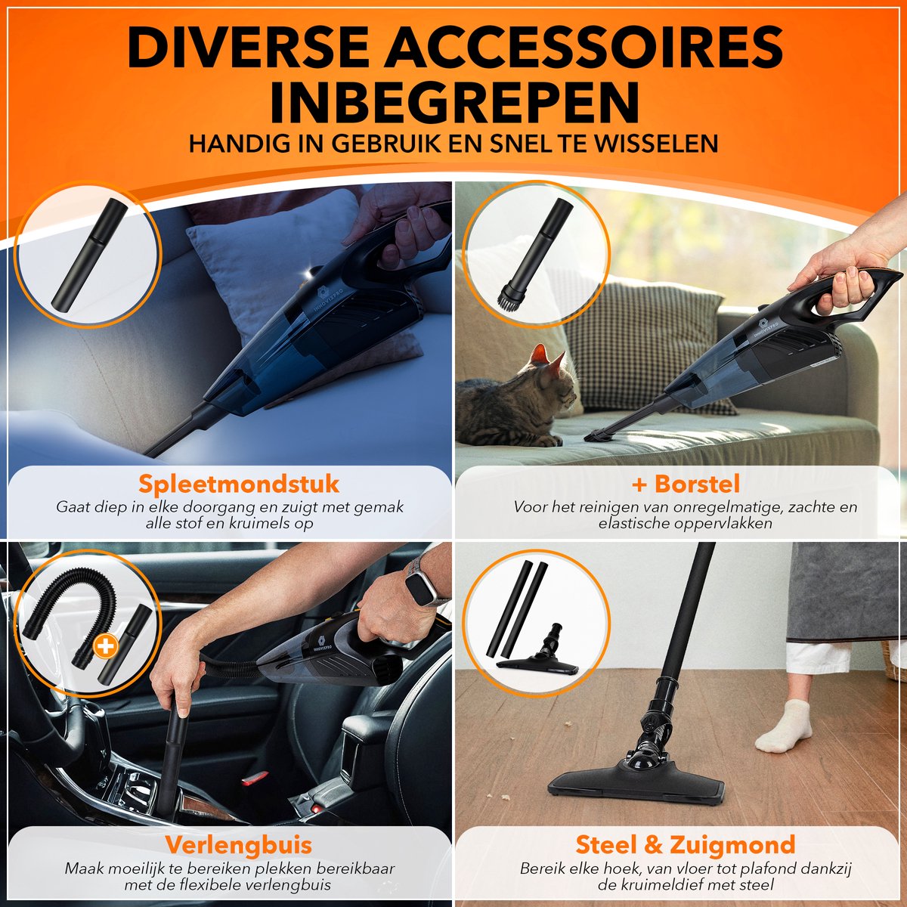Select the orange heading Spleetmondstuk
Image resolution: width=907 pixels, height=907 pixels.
[239, 484]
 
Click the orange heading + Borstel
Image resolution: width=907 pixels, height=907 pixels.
[686, 484]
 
